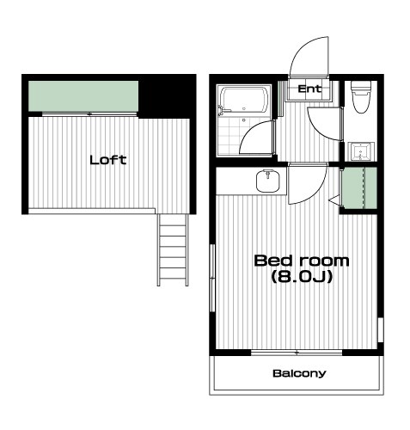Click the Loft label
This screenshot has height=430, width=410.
(108, 160)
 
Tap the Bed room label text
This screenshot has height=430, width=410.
(302, 261)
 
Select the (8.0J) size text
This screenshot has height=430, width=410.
(302, 277)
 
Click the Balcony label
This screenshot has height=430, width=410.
(299, 373)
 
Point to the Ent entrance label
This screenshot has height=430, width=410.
(309, 89)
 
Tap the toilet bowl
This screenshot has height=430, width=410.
(361, 97)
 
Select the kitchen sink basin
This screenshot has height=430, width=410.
(268, 181)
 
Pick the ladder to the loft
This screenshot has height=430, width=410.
(173, 250)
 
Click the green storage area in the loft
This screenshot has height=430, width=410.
(83, 96)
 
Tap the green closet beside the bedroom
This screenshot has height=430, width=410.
(360, 188)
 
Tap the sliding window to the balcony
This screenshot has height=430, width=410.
(297, 353)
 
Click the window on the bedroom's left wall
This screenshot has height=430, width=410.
(212, 278)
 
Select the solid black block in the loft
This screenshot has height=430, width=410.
(168, 96)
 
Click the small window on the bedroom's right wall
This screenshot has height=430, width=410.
(381, 329)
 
